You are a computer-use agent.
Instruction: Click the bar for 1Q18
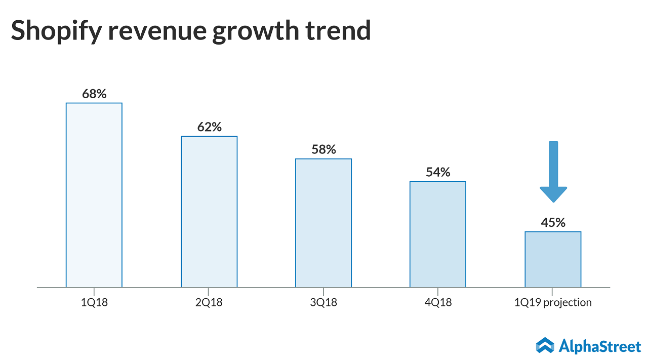click(94, 195)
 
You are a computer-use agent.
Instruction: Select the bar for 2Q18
click(209, 212)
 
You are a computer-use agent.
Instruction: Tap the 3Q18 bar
click(323, 223)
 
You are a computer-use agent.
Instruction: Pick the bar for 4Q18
click(438, 234)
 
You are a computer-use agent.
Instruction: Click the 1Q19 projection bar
click(553, 259)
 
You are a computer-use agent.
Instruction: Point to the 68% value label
click(94, 94)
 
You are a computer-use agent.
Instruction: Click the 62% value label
click(209, 127)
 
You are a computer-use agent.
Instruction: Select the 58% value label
click(323, 150)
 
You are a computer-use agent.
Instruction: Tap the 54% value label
click(438, 172)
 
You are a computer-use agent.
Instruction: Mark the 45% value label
click(553, 222)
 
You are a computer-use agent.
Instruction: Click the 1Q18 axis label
click(94, 303)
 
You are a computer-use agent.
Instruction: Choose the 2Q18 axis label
click(209, 303)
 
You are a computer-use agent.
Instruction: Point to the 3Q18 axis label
click(323, 303)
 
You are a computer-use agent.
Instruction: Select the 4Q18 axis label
click(438, 303)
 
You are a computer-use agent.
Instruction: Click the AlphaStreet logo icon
click(545, 346)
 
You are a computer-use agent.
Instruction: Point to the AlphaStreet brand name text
click(600, 346)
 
